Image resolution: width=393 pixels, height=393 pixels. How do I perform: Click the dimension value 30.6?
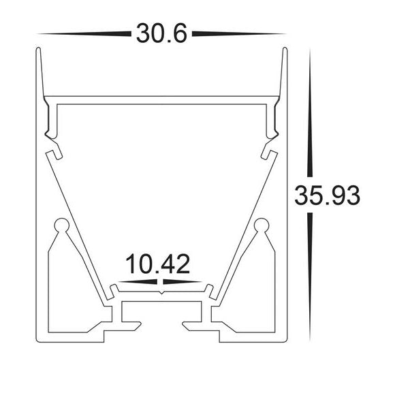161,33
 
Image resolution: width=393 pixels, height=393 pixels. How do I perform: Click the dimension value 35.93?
327,195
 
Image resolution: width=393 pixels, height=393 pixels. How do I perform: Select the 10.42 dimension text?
157,264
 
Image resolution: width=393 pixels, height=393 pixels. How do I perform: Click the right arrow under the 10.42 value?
183,281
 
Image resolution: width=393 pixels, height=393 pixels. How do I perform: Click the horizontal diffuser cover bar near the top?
161,100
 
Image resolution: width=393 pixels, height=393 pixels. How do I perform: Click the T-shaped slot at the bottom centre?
161,310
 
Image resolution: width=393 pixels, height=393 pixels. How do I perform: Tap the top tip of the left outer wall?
37,49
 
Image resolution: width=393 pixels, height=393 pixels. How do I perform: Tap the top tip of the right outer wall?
285,49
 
